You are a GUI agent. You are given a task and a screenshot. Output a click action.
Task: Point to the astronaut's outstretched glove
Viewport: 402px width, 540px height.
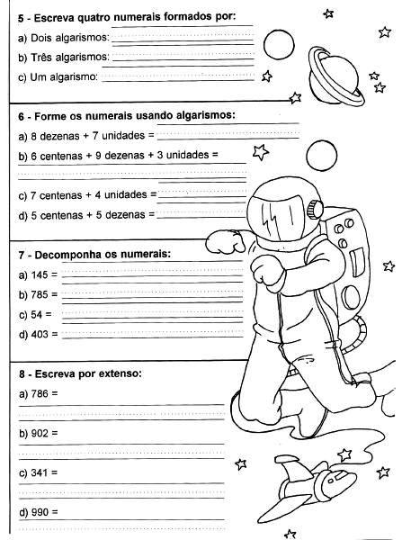pos(225,242)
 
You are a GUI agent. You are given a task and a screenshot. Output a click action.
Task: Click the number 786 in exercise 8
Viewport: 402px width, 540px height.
pos(40,393)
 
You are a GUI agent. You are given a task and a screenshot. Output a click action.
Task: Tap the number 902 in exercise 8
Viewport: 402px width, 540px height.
pos(40,433)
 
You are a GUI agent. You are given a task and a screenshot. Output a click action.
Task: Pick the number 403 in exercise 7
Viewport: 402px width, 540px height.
pos(40,334)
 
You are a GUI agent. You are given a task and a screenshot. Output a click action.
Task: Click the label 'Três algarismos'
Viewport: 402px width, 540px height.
pos(70,57)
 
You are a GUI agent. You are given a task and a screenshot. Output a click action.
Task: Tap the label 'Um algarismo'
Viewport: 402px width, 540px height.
pos(64,76)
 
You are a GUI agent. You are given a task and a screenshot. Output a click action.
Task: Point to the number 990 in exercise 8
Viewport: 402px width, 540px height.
pos(40,512)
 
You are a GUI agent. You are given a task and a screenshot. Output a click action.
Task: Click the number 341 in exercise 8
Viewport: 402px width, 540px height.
pos(40,472)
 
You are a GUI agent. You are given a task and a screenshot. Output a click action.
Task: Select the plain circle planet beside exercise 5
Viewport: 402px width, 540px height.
pos(279,44)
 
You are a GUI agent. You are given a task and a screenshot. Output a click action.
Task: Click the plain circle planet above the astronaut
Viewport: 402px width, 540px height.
pos(321,156)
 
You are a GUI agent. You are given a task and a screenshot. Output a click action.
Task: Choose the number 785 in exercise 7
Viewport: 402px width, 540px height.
pos(40,294)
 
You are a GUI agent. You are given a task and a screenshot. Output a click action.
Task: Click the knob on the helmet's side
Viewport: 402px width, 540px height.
pos(315,209)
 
